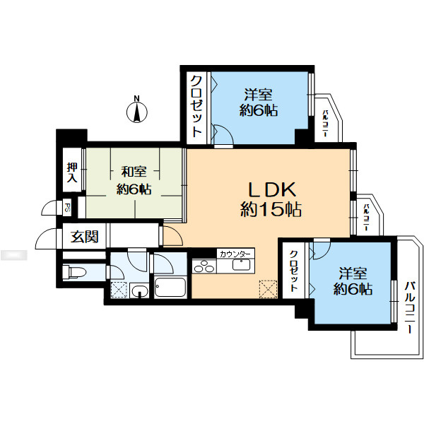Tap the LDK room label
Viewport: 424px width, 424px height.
click(x=272, y=190)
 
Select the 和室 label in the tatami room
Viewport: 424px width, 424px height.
click(x=134, y=172)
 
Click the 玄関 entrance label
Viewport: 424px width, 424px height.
click(x=84, y=237)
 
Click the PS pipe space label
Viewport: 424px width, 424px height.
click(x=67, y=208)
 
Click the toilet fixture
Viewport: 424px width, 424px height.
click(x=73, y=272)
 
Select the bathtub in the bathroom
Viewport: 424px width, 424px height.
click(x=170, y=287)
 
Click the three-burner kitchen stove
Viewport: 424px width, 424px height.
click(x=204, y=266)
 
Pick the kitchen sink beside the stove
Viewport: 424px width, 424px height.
click(x=241, y=264)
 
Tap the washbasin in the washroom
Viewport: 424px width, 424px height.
click(x=139, y=290)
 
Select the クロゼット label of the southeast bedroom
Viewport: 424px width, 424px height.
click(x=294, y=271)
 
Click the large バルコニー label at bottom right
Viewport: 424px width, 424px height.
click(x=410, y=307)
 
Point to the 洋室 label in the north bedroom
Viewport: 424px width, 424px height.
click(x=258, y=95)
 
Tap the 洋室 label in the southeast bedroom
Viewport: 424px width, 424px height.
click(x=353, y=273)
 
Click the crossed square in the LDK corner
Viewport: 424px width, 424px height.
click(x=268, y=289)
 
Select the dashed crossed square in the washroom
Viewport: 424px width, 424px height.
click(x=119, y=290)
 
